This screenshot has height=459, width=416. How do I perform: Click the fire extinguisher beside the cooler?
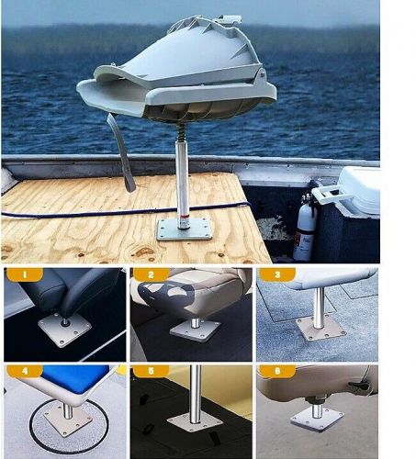tap(305, 228)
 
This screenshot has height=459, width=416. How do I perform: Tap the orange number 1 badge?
tap(25, 274)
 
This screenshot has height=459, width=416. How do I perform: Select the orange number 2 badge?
tap(151, 274)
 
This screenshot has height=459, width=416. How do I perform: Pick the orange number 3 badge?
tap(277, 274)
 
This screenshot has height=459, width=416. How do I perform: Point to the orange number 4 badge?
tap(25, 371)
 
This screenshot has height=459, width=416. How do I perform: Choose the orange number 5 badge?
tap(151, 371)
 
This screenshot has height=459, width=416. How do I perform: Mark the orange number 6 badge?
tap(277, 371)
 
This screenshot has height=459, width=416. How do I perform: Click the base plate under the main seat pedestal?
tap(185, 229)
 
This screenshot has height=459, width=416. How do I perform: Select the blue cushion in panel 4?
tap(75, 379)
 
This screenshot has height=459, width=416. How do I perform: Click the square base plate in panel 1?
tap(64, 330)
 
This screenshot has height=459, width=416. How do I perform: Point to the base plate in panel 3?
tap(320, 329)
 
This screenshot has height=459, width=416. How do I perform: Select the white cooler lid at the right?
tap(359, 190)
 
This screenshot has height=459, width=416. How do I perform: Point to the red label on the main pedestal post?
tap(185, 218)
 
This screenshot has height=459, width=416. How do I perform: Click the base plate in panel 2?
tap(196, 331)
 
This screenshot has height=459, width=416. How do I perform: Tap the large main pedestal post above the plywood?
tap(183, 185)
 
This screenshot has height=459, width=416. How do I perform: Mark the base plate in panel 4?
tap(68, 419)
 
